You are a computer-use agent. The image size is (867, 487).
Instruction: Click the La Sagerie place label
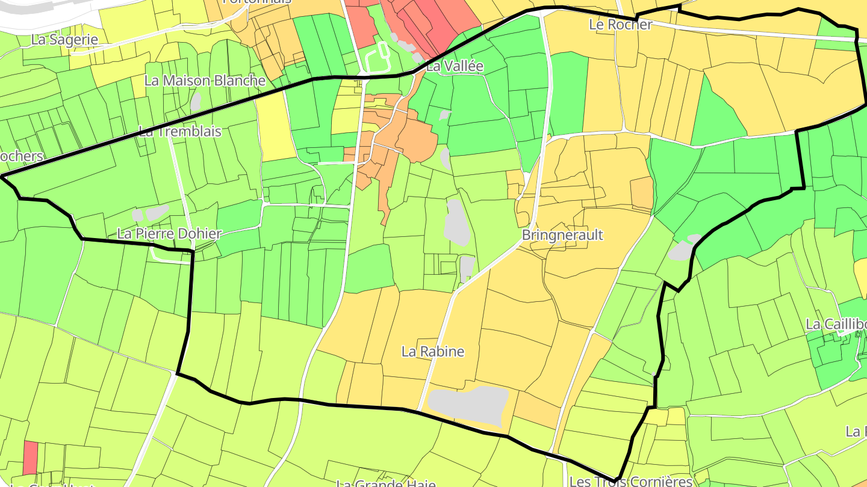coord(64,40)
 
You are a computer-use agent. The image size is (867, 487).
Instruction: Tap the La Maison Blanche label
coord(205,81)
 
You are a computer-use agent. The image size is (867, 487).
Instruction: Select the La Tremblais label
coord(180,131)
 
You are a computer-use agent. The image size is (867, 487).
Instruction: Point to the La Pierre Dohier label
coord(169,233)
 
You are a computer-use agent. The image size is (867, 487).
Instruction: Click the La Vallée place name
coord(455,66)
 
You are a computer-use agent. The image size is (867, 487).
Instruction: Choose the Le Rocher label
coord(620,25)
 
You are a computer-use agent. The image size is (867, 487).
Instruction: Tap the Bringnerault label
coord(562,234)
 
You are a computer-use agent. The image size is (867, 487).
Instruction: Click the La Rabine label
coord(433,351)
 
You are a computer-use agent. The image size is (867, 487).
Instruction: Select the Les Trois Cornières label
coord(631,481)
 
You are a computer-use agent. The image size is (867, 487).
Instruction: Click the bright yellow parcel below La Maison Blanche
coord(275,126)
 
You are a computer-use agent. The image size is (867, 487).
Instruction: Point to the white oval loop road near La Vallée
coord(376,57)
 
